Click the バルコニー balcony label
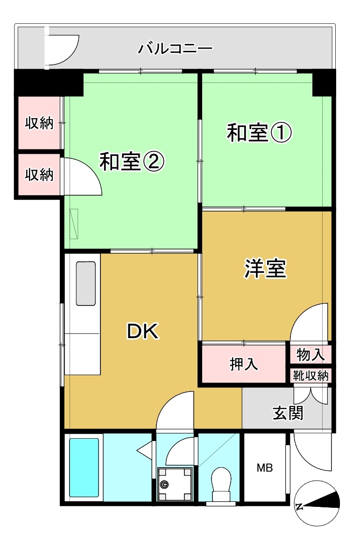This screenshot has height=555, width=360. [x=176, y=48]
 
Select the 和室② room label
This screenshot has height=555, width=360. [x=132, y=163]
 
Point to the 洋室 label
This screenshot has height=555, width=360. [x=265, y=269]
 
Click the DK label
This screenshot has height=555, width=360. [x=143, y=332]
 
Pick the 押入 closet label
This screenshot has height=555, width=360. [x=244, y=364]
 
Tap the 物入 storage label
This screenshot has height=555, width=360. [x=311, y=355]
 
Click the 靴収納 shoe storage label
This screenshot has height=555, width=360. [x=311, y=375]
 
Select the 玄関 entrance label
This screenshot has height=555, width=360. [x=288, y=413]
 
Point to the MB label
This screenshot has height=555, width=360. [x=265, y=467]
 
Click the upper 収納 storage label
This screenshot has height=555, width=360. [x=39, y=124]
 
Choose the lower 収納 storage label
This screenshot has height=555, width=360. [x=39, y=175]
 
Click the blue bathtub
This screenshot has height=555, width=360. [x=84, y=467]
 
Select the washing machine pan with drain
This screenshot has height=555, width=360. [x=175, y=484]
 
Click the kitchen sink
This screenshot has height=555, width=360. [x=85, y=284]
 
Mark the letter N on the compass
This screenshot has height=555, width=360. [x=300, y=506]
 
